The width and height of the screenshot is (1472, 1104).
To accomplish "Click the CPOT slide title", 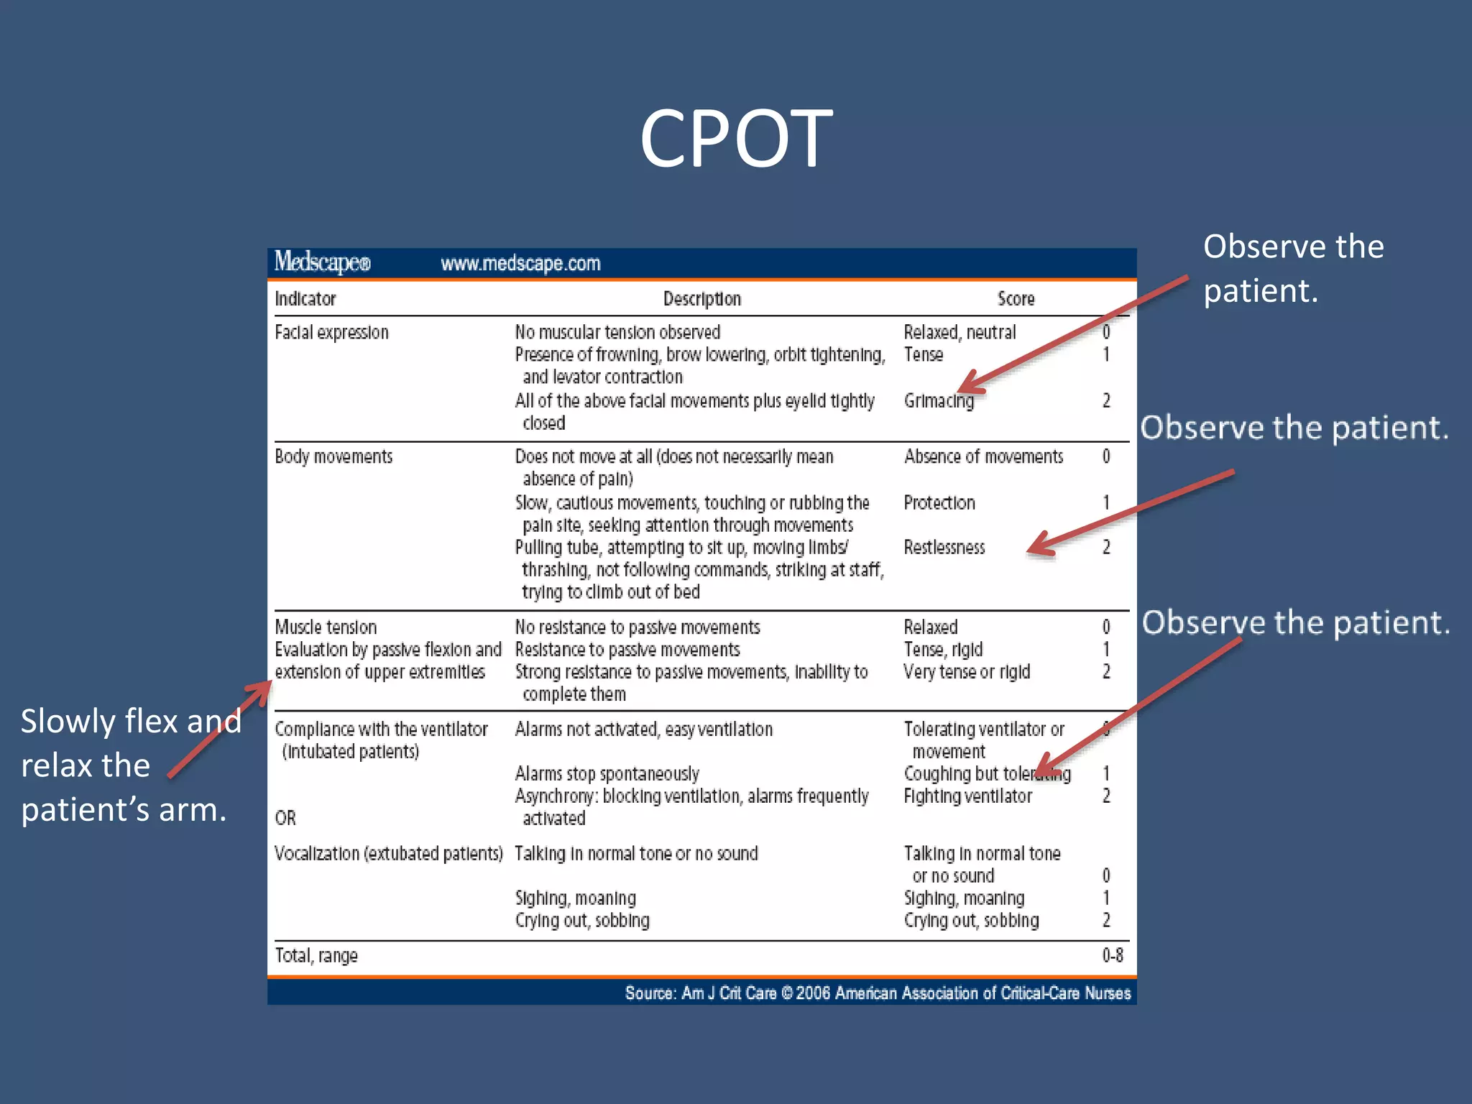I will [x=736, y=138].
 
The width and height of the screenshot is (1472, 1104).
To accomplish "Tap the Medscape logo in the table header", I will [x=322, y=262].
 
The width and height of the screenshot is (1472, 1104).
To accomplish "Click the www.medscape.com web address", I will [x=520, y=264].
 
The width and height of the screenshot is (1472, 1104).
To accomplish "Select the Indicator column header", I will [x=305, y=299].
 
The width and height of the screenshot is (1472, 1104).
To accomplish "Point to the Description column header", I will [x=701, y=299].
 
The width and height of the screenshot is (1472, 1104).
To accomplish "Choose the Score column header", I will [x=1016, y=299].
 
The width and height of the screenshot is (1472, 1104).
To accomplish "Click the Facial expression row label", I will [x=331, y=333].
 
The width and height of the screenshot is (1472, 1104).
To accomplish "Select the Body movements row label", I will [x=333, y=457].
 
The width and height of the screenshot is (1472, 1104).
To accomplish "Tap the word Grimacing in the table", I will [x=939, y=401].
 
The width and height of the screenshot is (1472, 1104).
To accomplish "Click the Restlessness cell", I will [x=944, y=548].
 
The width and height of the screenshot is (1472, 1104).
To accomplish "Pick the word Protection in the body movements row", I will [x=939, y=503].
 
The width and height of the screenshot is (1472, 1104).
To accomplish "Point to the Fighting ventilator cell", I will [x=967, y=796].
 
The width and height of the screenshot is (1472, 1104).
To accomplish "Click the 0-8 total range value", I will [x=1113, y=955].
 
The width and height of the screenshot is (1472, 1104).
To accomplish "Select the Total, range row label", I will [x=316, y=956].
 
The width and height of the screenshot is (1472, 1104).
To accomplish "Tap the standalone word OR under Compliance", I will [x=285, y=818].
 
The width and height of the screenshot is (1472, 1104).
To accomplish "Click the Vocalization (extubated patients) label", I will [x=388, y=854].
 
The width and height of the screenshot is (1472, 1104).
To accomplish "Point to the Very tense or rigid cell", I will [x=967, y=672].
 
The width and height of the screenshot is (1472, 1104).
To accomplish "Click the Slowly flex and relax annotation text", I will [x=129, y=765].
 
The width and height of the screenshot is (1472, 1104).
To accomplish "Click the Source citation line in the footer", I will [x=877, y=993].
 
